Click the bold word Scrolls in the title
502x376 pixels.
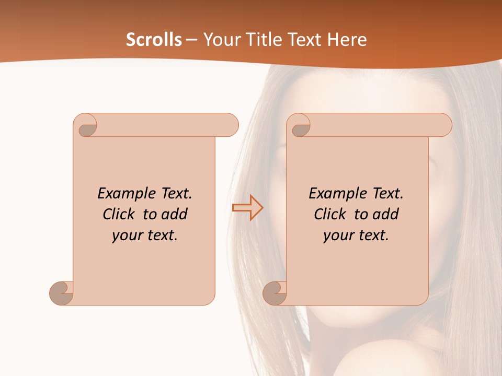154,40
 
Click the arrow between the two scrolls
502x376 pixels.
247,207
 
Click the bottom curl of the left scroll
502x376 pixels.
62,293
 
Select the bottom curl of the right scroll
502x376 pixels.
275,293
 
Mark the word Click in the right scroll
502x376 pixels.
330,214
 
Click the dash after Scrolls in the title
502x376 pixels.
191,40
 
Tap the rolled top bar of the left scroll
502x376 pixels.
167,125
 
